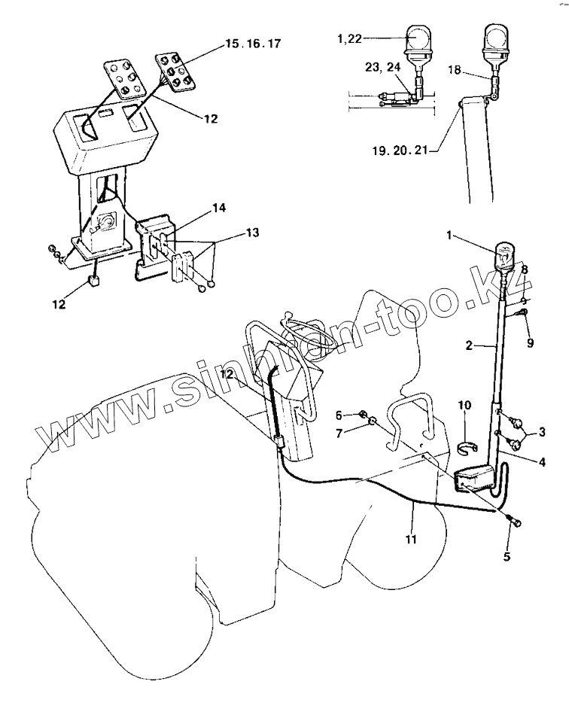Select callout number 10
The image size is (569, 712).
point(466,406)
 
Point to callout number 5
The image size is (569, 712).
point(507,557)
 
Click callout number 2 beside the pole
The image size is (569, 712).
point(468,345)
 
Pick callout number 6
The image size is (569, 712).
point(339,415)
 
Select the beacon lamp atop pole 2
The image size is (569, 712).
point(505,254)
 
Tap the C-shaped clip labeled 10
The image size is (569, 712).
point(469,449)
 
